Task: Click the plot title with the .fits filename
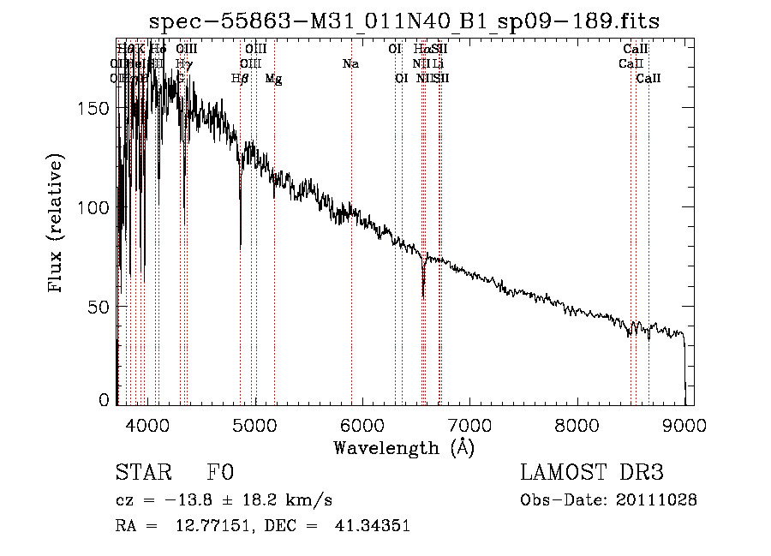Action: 403,21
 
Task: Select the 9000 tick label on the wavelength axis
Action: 684,422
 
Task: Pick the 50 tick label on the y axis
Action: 99,307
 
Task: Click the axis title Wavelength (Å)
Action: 403,447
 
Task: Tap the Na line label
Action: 350,63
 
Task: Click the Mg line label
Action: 273,79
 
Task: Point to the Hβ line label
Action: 240,79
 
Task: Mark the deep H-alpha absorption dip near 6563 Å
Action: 423,291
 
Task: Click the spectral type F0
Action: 221,473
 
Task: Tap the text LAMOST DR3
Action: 592,473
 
